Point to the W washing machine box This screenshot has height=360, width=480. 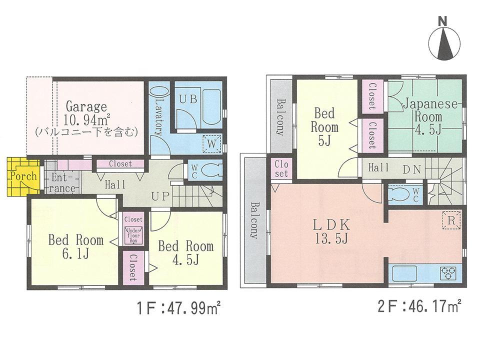[211, 143]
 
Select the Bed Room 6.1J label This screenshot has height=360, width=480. [75, 247]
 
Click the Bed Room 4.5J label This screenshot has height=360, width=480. [185, 252]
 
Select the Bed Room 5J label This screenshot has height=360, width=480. [324, 126]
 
